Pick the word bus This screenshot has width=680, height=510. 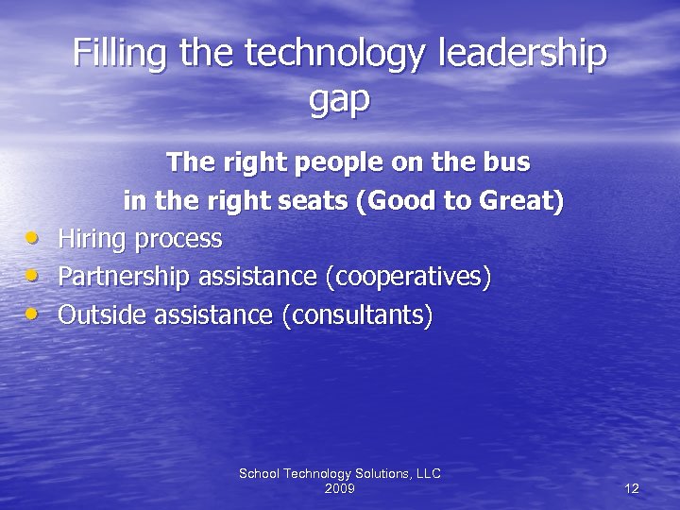[508, 162]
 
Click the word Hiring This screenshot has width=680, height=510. [93, 240]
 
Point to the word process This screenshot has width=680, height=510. [179, 240]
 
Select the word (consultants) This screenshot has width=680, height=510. [357, 315]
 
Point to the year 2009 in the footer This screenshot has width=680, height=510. [339, 488]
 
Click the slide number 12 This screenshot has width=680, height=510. [632, 488]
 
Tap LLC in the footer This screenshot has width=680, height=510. [426, 473]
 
